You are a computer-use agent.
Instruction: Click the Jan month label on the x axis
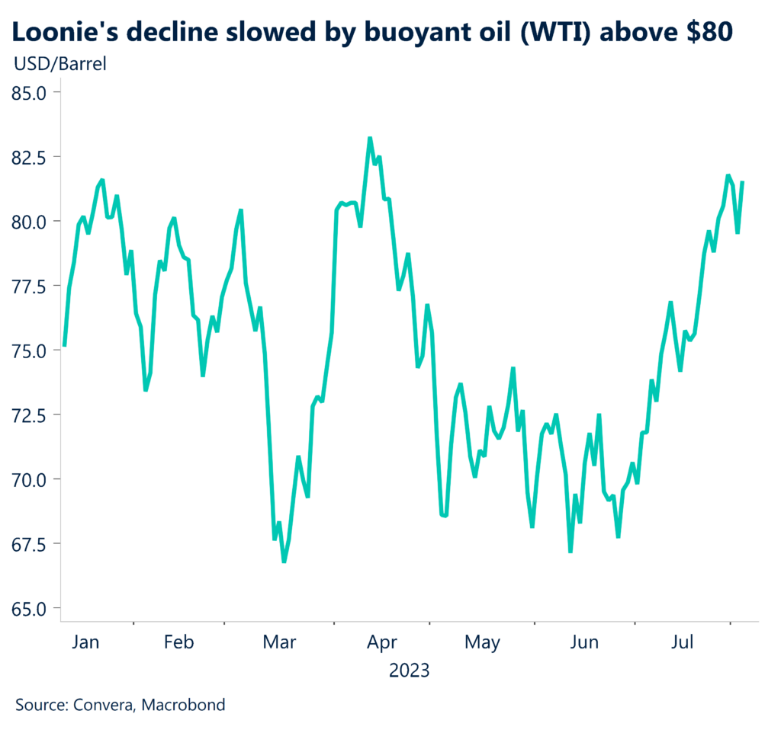[x=85, y=642]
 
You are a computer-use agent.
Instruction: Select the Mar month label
[x=279, y=642]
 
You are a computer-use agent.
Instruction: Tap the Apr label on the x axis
[x=382, y=642]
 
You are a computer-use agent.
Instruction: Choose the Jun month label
[x=584, y=642]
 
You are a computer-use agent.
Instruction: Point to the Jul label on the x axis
[x=683, y=642]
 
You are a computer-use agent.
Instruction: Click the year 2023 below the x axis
[x=410, y=671]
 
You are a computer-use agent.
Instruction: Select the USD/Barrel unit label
[x=60, y=63]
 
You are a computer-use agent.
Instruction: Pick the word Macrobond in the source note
[x=187, y=705]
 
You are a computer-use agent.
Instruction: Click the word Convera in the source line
[x=104, y=705]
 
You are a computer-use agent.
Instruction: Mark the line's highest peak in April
[x=370, y=139]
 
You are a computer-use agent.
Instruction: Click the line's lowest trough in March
[x=284, y=562]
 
